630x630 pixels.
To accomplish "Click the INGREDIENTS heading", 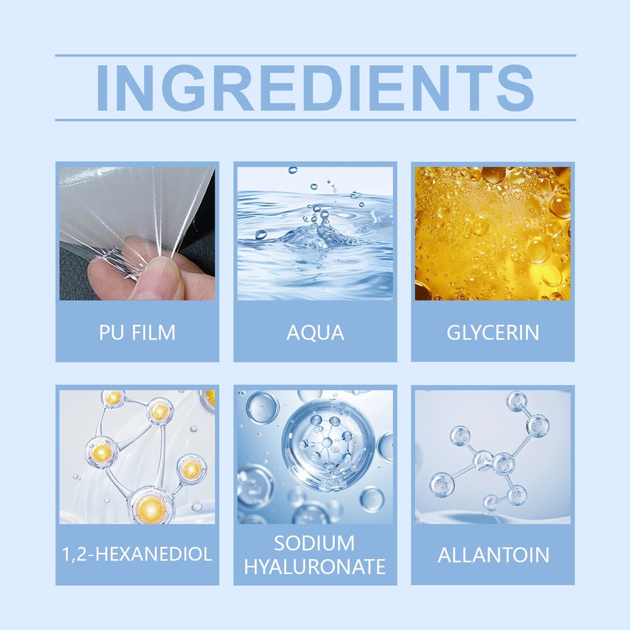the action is (316, 87).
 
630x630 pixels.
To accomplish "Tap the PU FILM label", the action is (137, 333).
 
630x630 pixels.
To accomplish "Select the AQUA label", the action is (316, 333).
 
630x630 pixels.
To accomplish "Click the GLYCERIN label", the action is (493, 333).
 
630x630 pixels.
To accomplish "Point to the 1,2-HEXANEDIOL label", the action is (137, 554).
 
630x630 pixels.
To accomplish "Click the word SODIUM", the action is (314, 543).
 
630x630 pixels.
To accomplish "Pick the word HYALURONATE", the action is (315, 567).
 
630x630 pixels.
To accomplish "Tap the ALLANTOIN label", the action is (493, 556).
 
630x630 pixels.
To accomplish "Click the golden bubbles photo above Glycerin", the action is (493, 233).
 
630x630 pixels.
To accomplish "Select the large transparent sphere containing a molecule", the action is (328, 445).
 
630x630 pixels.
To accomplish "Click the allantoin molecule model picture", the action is (493, 457).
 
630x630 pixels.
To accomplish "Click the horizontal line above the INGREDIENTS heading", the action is (316, 55).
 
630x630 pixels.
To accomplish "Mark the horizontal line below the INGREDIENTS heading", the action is (316, 120).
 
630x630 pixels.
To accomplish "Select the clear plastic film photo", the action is (137, 233).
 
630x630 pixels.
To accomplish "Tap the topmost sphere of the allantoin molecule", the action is (517, 401).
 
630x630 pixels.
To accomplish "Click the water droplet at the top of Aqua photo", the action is (293, 170).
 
